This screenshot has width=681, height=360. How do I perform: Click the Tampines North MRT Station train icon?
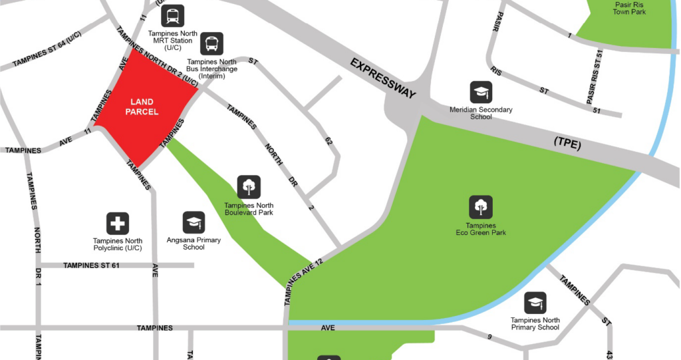pos(173,16)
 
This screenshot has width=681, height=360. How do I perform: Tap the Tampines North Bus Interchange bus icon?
pos(212,44)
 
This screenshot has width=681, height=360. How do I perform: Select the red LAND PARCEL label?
pos(144,106)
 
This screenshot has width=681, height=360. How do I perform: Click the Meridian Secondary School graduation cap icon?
pos(481,92)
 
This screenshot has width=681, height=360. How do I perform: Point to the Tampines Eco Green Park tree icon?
pos(480,207)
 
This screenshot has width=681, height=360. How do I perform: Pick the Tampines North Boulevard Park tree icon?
pos(249,187)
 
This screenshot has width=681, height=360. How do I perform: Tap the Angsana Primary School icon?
pos(194,223)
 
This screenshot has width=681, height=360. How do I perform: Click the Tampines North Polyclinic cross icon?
pos(118,224)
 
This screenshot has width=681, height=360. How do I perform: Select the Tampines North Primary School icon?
pos(535,303)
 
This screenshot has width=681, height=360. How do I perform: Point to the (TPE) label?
pos(567,144)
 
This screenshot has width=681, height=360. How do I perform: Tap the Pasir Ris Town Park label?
pos(630,7)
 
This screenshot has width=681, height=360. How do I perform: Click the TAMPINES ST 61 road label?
pos(91,266)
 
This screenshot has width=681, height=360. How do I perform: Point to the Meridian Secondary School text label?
pos(481,113)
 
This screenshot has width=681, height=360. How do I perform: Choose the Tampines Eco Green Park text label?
pos(481,230)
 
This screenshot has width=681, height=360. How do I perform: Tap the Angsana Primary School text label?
pos(194,244)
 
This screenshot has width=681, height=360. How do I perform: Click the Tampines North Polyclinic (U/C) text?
pos(118,244)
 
